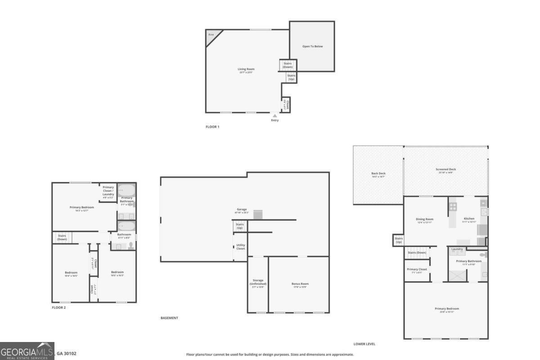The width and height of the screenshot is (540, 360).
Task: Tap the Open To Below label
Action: click(312, 46)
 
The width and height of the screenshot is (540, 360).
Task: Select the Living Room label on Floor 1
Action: click(246, 69)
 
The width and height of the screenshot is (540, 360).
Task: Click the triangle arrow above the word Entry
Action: click(275, 116)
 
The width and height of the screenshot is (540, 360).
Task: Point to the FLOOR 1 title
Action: click(212, 127)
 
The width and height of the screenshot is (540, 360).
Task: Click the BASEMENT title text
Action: click(169, 318)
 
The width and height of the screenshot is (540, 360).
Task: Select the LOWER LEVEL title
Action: click(364, 344)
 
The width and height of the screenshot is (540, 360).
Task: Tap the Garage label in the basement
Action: click(242, 209)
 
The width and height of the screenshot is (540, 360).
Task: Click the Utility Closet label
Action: click(241, 247)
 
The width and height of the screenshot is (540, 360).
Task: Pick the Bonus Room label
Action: click(300, 283)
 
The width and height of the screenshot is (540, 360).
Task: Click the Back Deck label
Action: click(378, 173)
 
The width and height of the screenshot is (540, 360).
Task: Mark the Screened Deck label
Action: click(445, 169)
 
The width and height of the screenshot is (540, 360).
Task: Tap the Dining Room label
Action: click(424, 219)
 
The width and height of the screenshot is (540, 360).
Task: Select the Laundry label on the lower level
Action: click(457, 249)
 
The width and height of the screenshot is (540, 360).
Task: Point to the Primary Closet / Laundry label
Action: click(108, 190)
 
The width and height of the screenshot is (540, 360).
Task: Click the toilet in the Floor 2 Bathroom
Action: click(131, 246)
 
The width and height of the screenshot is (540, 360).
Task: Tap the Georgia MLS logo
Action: click(27, 351)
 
